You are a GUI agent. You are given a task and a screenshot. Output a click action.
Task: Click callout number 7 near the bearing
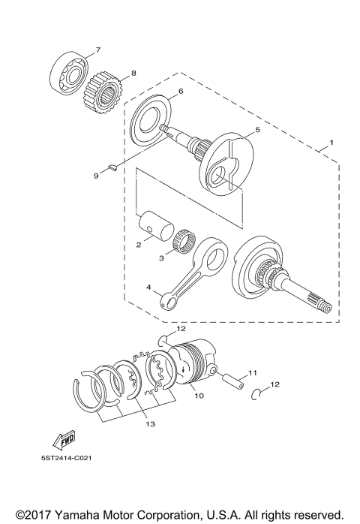click(97, 50)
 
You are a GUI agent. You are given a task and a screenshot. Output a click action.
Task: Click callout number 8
click(133, 73)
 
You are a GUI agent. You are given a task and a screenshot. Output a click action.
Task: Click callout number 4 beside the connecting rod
click(148, 287)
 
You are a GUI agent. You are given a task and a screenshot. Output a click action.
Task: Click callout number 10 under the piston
click(199, 395)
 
